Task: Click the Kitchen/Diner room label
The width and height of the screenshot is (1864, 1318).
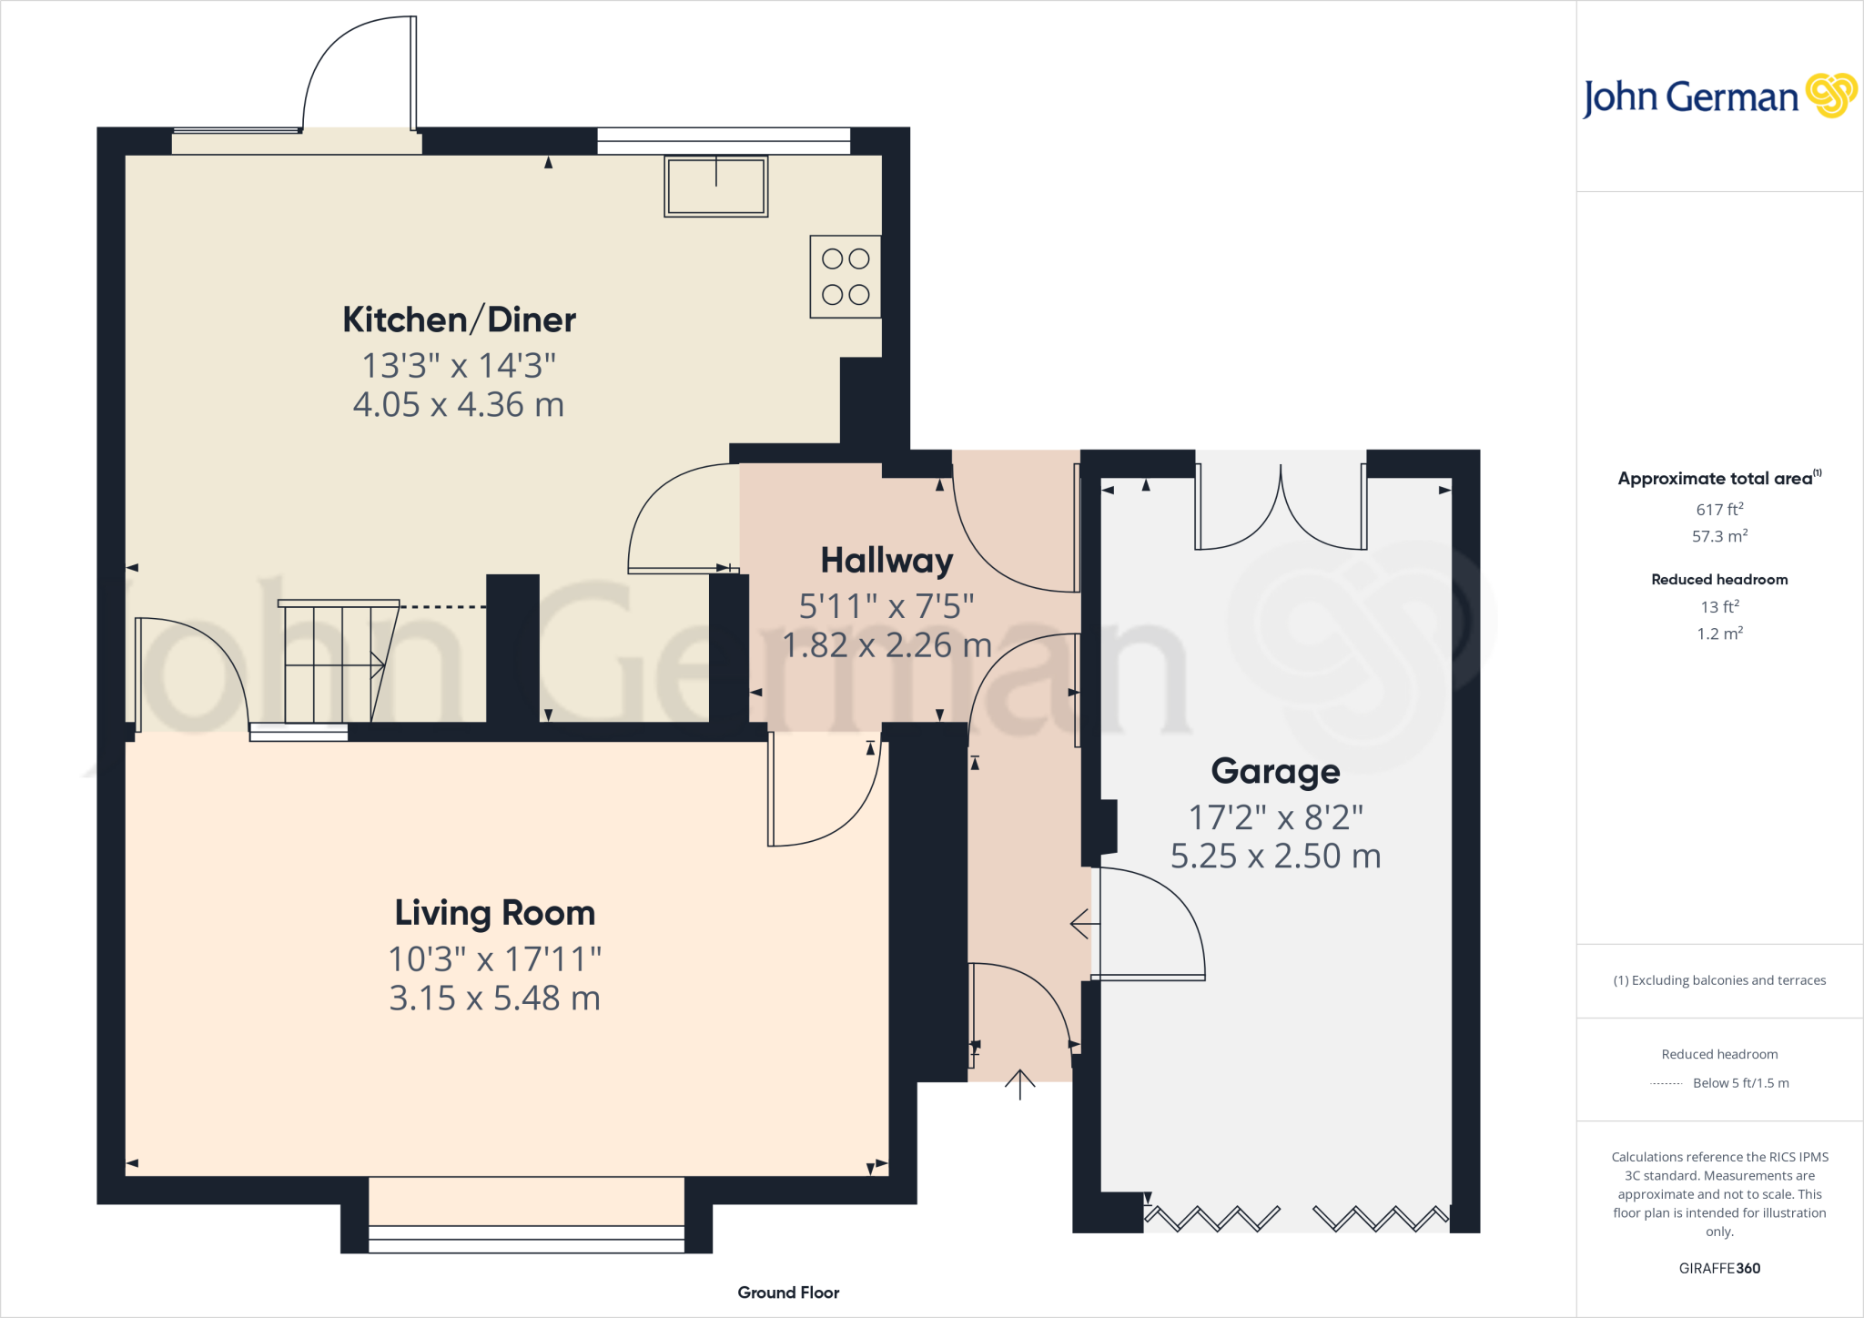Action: pos(459,320)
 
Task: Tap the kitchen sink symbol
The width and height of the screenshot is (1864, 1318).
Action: pos(716,186)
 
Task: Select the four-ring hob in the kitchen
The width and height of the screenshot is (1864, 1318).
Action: pos(846,277)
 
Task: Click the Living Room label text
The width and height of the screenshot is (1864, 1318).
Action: pos(494,913)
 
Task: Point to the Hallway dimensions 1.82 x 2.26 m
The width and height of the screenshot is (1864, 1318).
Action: pos(886,645)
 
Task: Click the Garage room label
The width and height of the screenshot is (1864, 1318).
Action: pos(1275,771)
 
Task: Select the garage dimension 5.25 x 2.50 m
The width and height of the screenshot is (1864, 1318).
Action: pos(1275,857)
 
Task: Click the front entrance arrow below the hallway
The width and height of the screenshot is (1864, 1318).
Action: pos(1020,1083)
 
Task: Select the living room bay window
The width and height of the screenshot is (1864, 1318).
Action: pos(526,1238)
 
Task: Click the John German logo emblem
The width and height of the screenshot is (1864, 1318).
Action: pos(1830,96)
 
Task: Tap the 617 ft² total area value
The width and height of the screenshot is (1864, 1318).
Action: pos(1719,510)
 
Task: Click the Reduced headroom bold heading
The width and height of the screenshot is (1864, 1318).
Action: pos(1719,580)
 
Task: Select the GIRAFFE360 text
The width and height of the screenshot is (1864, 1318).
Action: pos(1719,1268)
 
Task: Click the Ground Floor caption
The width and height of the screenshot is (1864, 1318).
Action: pos(788,1293)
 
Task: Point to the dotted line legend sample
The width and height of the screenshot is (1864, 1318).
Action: pos(1666,1083)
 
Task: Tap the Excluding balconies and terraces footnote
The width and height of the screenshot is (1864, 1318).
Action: pos(1719,980)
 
